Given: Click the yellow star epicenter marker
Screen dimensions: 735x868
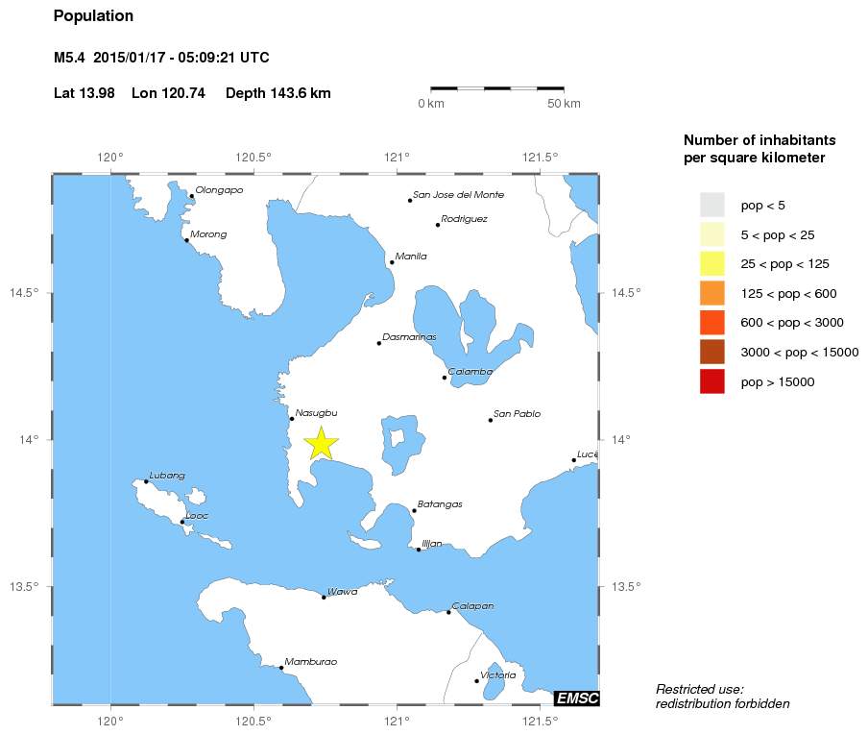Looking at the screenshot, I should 321,443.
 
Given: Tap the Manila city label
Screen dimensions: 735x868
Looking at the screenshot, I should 411,257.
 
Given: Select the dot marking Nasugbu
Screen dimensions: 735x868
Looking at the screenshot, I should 292,419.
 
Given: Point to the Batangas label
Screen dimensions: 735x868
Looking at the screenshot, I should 440,504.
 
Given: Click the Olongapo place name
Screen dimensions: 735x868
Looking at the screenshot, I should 219,190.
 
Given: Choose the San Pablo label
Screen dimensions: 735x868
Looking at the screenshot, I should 517,414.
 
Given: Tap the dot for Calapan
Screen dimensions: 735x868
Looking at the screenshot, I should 448,612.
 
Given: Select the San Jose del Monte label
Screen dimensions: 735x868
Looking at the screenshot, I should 458,195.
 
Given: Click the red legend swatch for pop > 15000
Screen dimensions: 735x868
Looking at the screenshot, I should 711,382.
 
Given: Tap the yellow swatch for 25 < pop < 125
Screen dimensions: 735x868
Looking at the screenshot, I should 711,263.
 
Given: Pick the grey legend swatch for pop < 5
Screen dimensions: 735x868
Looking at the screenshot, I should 711,205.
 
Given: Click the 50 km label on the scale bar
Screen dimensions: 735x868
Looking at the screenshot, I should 564,104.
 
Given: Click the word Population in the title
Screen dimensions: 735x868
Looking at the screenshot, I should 93,16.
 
